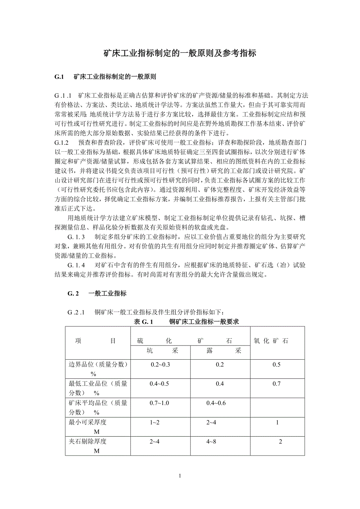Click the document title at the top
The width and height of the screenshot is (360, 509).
coord(180,54)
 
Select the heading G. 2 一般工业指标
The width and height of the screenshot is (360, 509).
coord(97,293)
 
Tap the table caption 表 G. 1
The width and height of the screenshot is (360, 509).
coord(143,322)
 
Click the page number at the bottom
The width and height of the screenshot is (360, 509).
coord(180,476)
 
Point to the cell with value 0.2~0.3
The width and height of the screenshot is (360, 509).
coord(160,364)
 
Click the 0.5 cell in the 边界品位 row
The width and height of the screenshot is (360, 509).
coord(277,364)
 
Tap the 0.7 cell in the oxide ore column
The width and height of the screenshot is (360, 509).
coord(277,384)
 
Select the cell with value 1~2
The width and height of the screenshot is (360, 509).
coord(155,422)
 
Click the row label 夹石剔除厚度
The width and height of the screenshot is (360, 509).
coord(88,441)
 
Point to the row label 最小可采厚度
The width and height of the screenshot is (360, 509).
coord(88,422)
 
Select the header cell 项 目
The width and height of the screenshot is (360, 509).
coord(95,341)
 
